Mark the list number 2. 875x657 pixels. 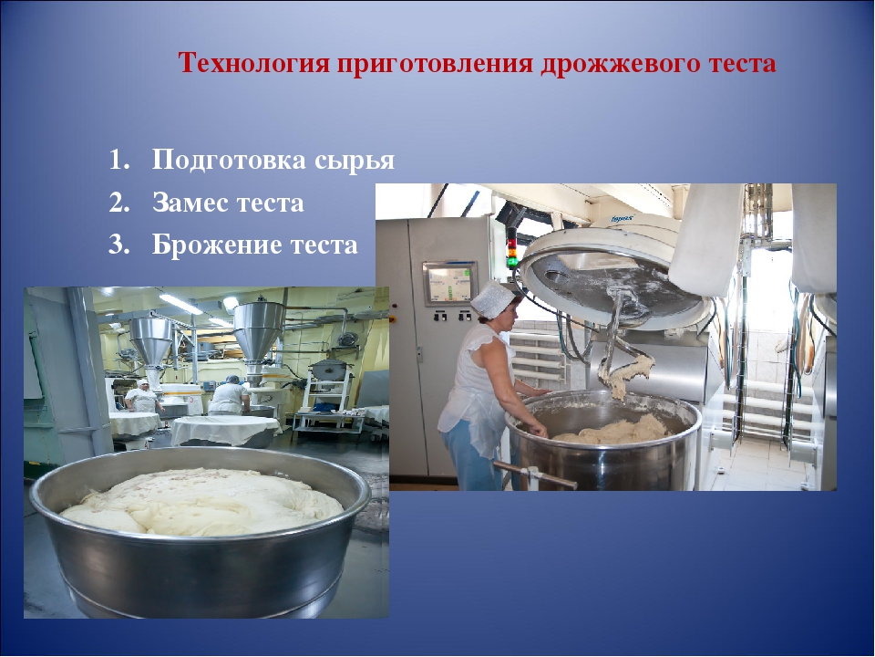[118, 203]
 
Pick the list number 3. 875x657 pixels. [118, 245]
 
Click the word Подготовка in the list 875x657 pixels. [230, 161]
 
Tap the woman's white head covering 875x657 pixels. [493, 298]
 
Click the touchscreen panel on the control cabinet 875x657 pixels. [449, 283]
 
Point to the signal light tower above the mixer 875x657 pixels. [512, 247]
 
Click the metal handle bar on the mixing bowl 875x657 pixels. [536, 474]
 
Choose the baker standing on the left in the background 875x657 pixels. [143, 397]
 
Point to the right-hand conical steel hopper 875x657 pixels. [258, 334]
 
